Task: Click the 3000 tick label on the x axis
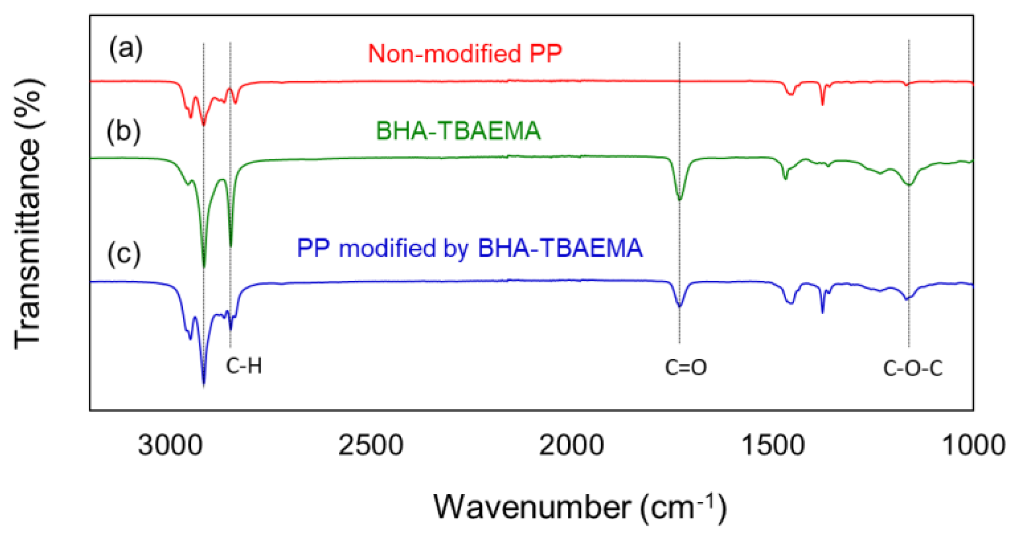pos(170,445)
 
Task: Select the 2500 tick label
pos(370,445)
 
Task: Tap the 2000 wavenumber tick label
pos(571,445)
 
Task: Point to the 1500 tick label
pos(773,445)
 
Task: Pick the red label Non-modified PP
pos(465,54)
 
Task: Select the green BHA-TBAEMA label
pos(458,131)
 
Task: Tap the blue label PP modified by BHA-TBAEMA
pos(470,248)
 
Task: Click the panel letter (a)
pos(126,48)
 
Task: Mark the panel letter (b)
pos(124,131)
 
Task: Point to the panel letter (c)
pos(124,254)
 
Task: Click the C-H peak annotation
pos(244,366)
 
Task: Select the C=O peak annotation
pos(685,367)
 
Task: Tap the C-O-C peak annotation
pos(913,368)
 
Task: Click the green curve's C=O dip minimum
pos(680,199)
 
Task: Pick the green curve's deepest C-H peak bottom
pos(204,266)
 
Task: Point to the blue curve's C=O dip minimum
pos(680,305)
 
